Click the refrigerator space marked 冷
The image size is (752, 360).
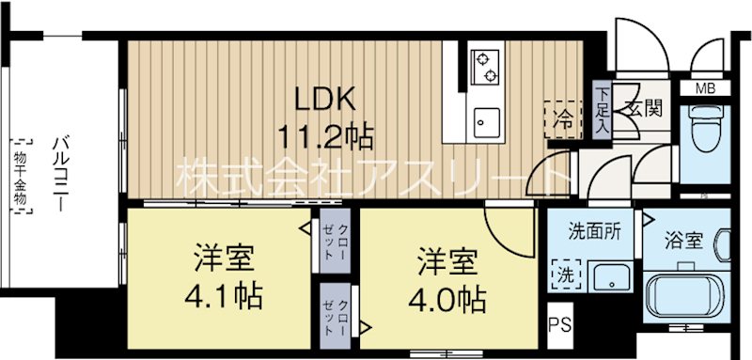coord(562,120)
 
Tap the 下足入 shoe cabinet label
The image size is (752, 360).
coord(603,110)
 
